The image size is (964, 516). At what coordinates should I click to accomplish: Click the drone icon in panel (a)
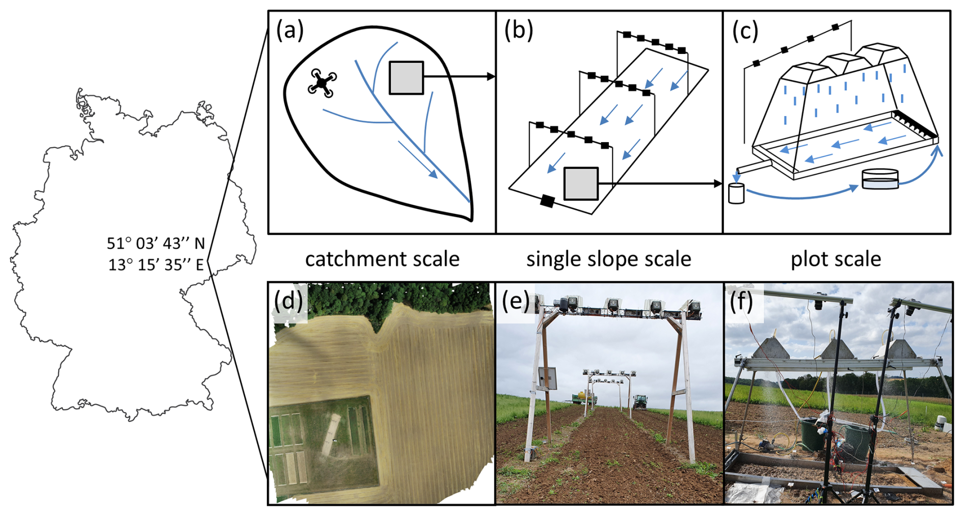(x=322, y=83)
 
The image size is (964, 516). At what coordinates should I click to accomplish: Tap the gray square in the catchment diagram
(x=406, y=78)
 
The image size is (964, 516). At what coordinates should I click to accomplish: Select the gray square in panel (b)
(x=581, y=183)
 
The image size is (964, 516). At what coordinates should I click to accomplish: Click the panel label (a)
(x=290, y=31)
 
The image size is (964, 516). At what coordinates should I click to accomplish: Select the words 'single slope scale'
(x=608, y=259)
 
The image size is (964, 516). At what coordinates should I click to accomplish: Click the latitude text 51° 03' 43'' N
(x=155, y=243)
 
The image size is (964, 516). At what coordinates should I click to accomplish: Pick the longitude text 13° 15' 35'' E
(x=155, y=265)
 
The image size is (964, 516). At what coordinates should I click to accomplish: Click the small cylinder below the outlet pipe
(x=736, y=194)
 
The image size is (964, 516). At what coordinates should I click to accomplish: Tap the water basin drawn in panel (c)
(x=879, y=179)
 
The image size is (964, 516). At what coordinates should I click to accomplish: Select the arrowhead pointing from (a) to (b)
(x=491, y=76)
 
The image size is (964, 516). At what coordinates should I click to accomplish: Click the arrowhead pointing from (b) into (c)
(x=718, y=183)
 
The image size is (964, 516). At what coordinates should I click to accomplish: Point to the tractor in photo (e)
(x=640, y=402)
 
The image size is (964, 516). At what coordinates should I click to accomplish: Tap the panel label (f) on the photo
(x=741, y=302)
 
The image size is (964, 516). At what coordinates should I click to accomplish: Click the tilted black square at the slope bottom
(x=547, y=201)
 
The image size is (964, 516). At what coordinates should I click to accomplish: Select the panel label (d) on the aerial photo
(x=289, y=302)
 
